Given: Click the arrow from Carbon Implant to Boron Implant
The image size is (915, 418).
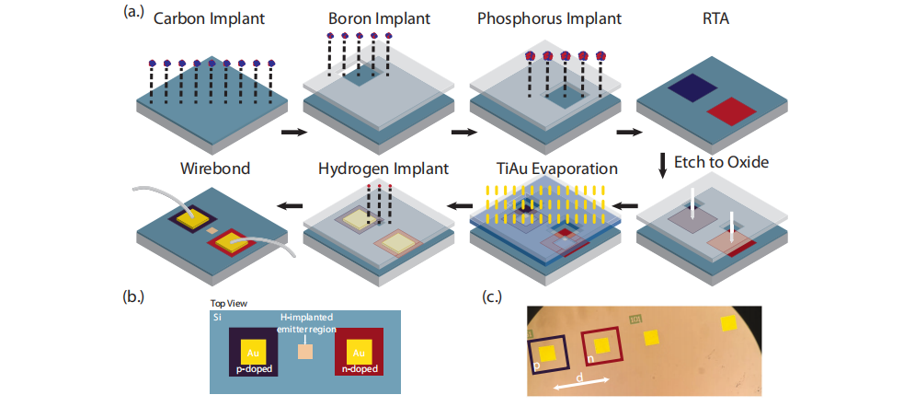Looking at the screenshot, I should [x=292, y=133].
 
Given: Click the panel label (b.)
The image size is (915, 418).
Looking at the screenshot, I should [x=135, y=296].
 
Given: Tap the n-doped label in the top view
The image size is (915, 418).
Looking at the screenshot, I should [x=360, y=368].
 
